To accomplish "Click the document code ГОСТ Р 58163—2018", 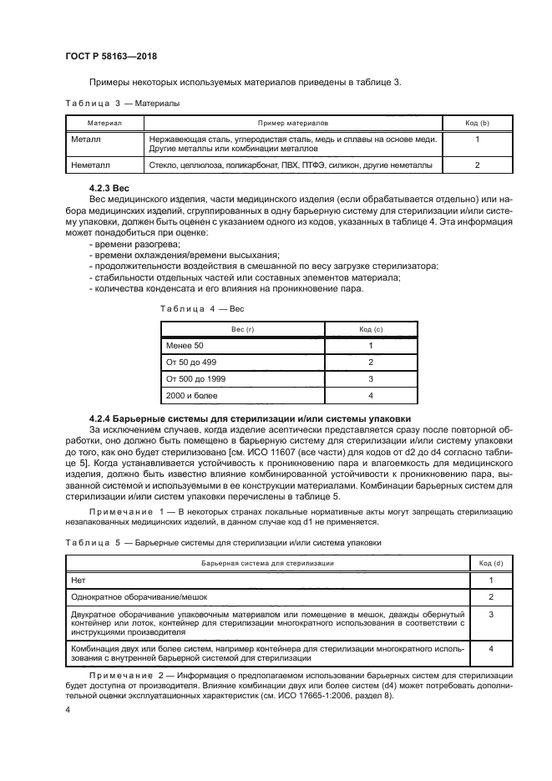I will pos(111,56).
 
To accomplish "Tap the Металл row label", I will pos(86,139).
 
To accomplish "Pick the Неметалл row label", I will pos(91,165).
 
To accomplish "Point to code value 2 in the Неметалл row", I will pos(476,165).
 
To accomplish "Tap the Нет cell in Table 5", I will pos(80,580).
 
